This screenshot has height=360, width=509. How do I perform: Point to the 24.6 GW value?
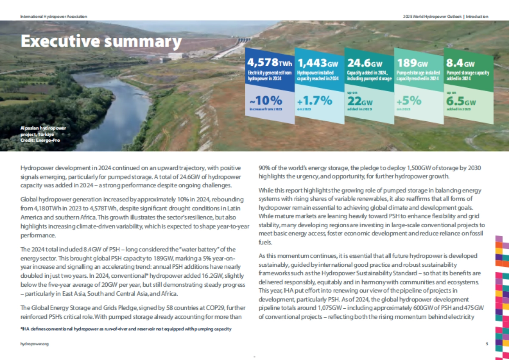(x=365, y=64)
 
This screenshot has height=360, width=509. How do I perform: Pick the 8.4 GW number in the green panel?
(x=460, y=64)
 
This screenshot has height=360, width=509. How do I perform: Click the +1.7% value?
(x=314, y=101)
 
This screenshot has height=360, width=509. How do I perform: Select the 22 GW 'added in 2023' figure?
(x=360, y=102)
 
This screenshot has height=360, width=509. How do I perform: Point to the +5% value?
(x=409, y=100)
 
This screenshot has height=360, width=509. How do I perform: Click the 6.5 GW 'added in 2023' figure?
(x=460, y=102)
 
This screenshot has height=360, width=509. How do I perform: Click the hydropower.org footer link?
(x=32, y=343)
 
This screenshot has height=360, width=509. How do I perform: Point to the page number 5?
(x=487, y=343)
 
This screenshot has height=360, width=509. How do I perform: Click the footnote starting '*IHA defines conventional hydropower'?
(x=126, y=329)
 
